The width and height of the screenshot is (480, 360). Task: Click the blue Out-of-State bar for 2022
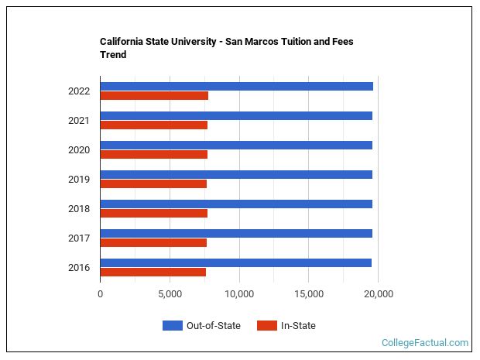coord(236,86)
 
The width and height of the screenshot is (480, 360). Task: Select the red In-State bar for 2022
coord(154,95)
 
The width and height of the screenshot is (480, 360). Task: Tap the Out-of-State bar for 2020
coord(236,145)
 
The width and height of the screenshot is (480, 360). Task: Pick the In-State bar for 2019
coord(153,183)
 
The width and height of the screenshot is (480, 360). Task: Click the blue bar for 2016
coord(235,262)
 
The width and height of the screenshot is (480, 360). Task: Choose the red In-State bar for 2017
coord(153,242)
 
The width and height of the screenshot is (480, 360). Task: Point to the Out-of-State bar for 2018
coord(236,204)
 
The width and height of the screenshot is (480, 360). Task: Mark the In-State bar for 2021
coord(153,125)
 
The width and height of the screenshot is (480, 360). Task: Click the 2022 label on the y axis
coord(79,91)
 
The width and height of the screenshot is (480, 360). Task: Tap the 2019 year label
coord(79,180)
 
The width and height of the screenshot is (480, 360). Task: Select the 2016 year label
coord(79,268)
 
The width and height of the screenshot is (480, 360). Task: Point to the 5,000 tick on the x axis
coord(170,294)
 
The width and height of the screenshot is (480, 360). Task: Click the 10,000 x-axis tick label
coord(239,294)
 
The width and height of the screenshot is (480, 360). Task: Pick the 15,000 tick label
coord(309,294)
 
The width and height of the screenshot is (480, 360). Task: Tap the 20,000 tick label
coord(379,294)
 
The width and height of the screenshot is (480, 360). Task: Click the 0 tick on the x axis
coord(100,294)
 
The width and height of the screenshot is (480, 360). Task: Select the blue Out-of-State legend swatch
coord(172,326)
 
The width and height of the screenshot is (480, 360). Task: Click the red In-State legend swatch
coord(266,326)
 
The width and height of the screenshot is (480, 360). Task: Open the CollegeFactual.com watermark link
coord(425,343)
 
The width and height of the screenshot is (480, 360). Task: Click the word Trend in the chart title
coord(113,55)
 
